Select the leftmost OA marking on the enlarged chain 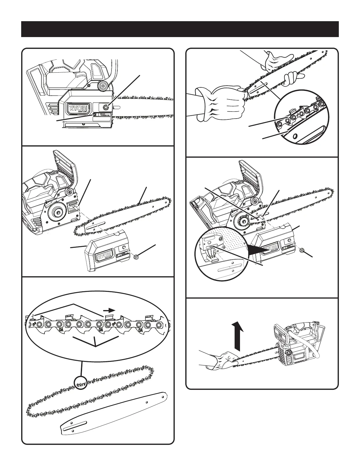pyautogui.click(x=61, y=330)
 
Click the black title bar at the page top pyautogui.click(x=180, y=29)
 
